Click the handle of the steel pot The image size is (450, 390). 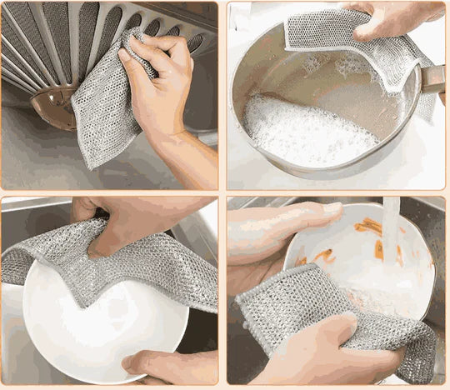(433, 79)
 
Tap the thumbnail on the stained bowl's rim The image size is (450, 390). (333, 207)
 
